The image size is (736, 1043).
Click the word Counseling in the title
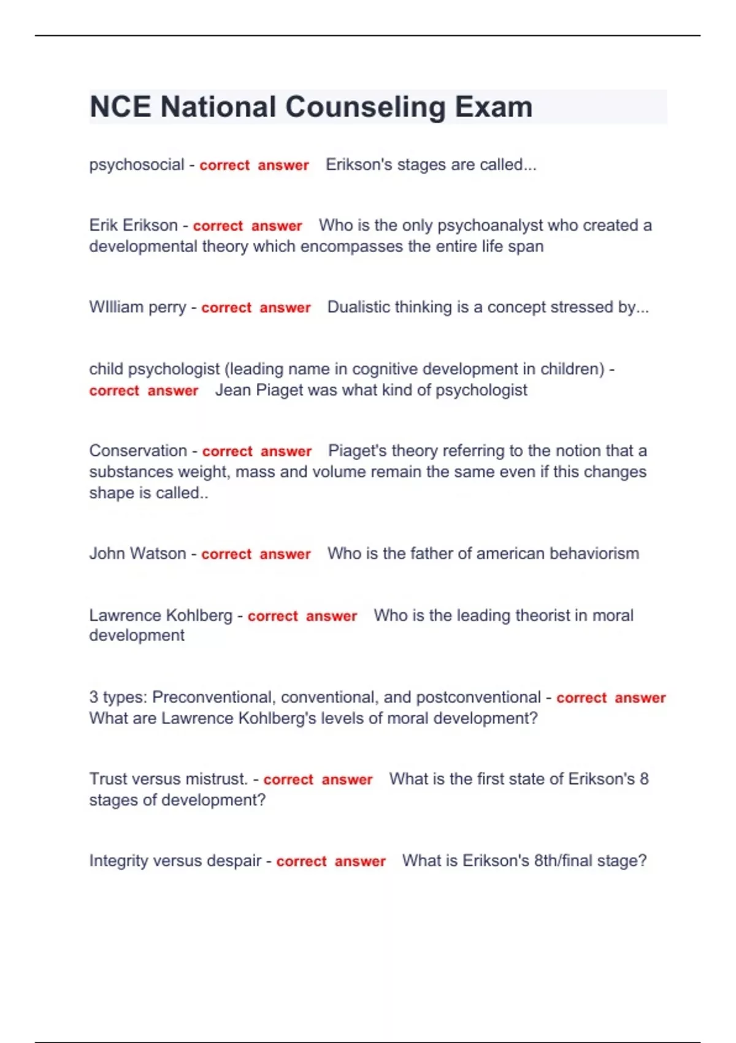[365, 107]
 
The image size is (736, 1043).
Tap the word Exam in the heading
[493, 107]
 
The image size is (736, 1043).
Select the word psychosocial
[136, 165]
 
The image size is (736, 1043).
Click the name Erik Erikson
[133, 225]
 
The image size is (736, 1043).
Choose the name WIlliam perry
[137, 307]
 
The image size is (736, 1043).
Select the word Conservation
[138, 450]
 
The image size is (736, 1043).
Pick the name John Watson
[137, 553]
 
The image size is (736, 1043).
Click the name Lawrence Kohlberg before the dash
[161, 615]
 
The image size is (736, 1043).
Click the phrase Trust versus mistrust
[168, 779]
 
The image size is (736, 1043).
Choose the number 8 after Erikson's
[644, 779]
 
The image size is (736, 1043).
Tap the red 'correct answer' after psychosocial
[254, 166]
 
